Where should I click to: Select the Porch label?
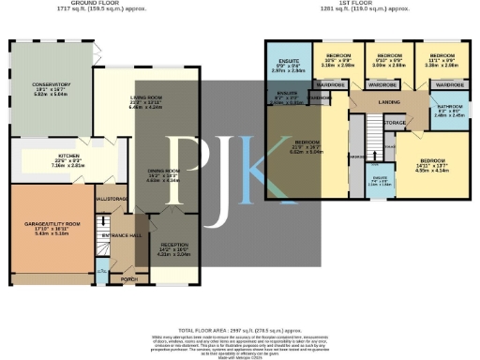click(x=123, y=279)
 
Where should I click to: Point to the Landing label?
click(x=389, y=104)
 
